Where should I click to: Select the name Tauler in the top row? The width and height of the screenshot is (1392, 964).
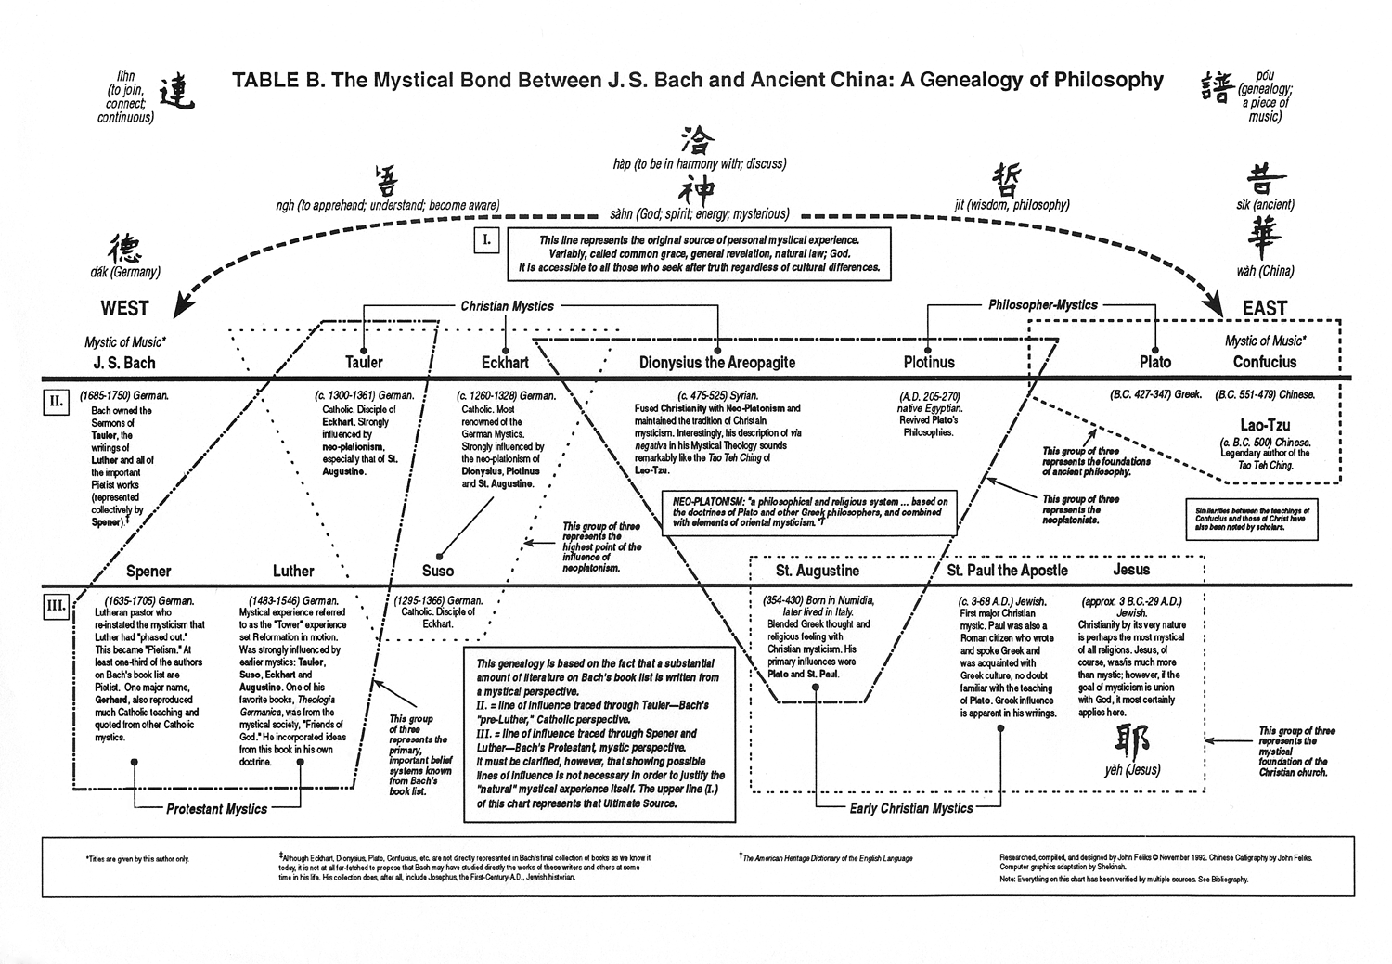[x=364, y=362]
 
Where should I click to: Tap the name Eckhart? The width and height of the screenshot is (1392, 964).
[x=505, y=362]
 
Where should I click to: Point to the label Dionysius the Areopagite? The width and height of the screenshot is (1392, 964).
[x=717, y=362]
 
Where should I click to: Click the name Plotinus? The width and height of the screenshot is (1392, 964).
[x=929, y=362]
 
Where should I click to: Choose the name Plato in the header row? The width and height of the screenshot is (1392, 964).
[x=1155, y=362]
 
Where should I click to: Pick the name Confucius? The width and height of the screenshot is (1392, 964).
[x=1264, y=362]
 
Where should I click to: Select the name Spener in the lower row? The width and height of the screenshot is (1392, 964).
[x=148, y=571]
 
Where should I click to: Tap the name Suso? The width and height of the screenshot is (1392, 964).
[x=438, y=571]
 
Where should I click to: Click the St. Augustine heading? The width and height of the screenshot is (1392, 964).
[x=818, y=571]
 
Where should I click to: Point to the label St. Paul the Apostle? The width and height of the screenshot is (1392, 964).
[x=1007, y=571]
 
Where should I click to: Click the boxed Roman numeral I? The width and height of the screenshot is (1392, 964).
[x=487, y=241]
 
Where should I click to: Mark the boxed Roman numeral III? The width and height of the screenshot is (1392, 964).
[x=57, y=607]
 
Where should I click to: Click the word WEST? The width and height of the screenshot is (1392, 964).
[x=124, y=308]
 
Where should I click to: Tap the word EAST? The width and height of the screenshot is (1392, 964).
[x=1264, y=308]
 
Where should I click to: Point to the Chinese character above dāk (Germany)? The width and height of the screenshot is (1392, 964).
[x=125, y=249]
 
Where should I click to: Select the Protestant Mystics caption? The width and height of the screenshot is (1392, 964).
[x=216, y=809]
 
